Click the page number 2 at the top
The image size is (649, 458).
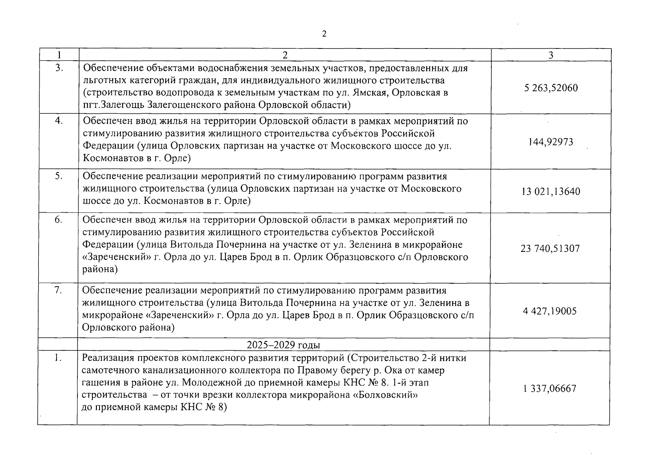click(x=324, y=34)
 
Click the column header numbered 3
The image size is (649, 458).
click(x=551, y=55)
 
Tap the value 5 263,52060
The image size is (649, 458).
click(x=551, y=88)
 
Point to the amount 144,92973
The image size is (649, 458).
click(x=551, y=142)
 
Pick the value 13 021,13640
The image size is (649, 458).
click(x=551, y=192)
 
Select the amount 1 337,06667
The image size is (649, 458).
click(x=550, y=389)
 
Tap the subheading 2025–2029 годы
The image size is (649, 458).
click(x=283, y=345)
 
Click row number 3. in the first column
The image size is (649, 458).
click(x=59, y=68)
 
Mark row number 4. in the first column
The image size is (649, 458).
click(x=59, y=121)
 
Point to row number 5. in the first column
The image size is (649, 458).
click(x=59, y=176)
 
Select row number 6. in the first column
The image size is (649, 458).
click(x=59, y=220)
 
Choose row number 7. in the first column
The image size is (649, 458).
click(x=58, y=290)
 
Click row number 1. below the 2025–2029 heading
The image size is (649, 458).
click(x=58, y=358)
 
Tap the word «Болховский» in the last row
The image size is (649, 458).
click(x=386, y=395)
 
